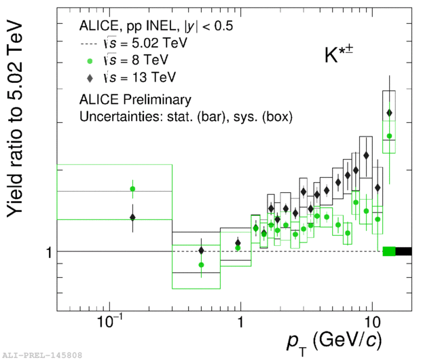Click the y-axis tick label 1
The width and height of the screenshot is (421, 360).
48,253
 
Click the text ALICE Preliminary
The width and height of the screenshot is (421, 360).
134,100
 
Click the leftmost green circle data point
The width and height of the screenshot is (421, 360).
133,189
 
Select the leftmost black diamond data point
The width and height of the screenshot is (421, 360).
133,217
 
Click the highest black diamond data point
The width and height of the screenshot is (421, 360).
389,113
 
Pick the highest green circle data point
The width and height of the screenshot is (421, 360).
389,137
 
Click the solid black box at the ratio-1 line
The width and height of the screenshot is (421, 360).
403,251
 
